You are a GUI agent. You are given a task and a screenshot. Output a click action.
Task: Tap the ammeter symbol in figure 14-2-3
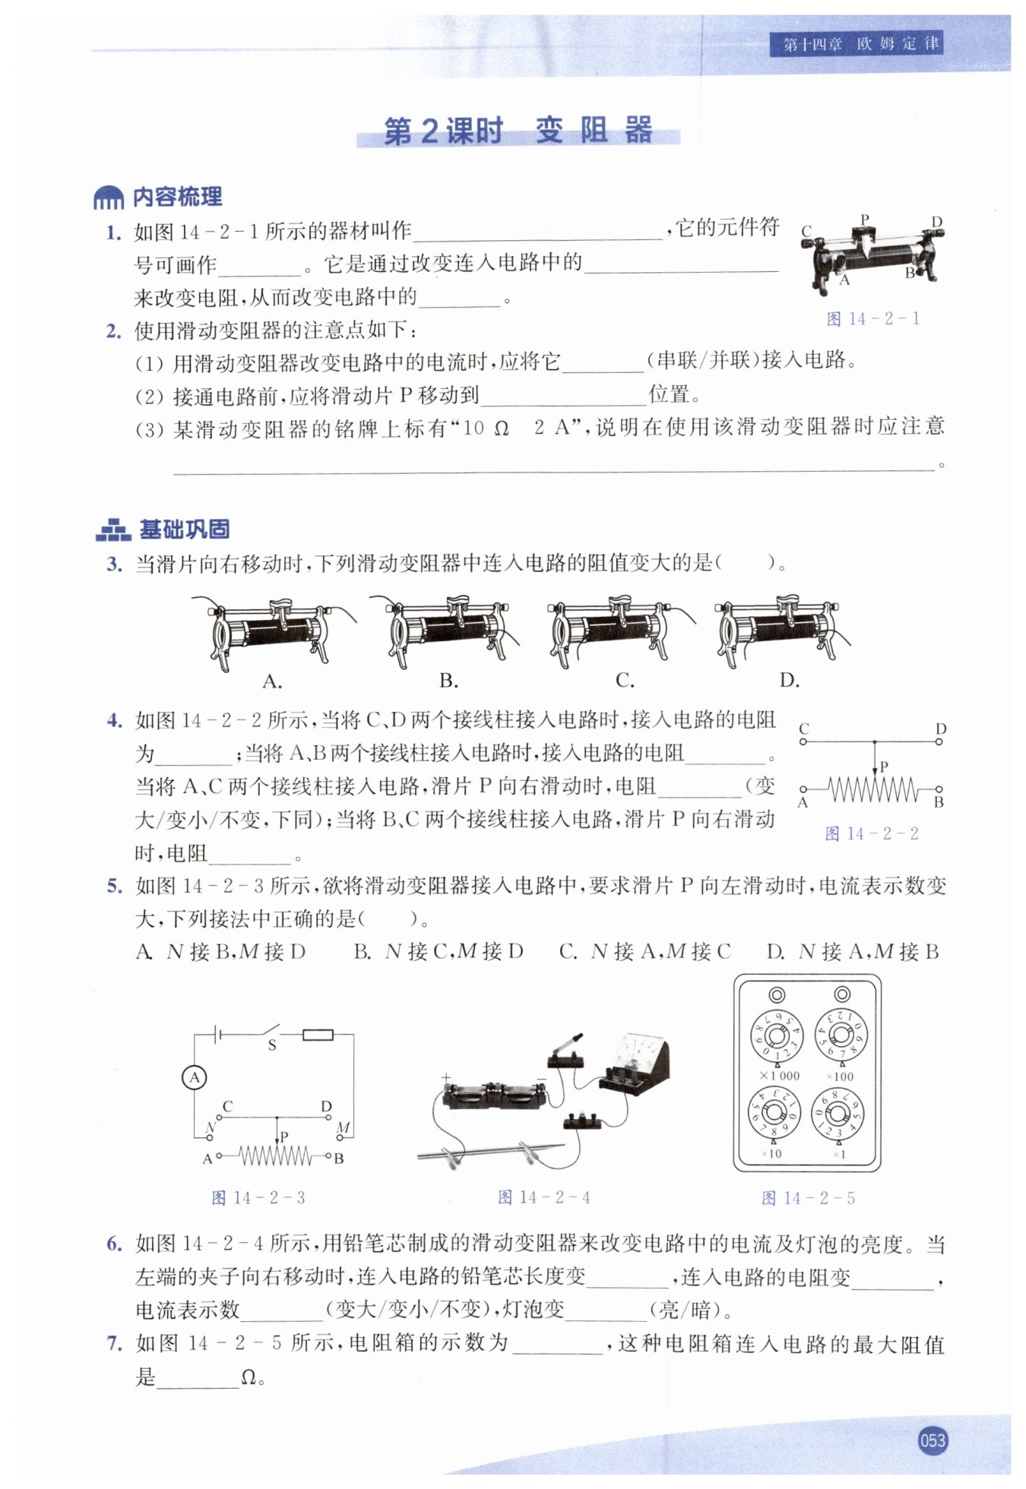point(195,1077)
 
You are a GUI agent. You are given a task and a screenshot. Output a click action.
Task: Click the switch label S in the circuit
point(271,1045)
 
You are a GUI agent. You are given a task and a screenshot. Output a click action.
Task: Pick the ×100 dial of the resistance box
point(841,1035)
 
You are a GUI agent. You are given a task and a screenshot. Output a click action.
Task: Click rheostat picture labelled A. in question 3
point(272,631)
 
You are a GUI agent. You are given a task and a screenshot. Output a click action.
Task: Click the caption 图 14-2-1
point(872,319)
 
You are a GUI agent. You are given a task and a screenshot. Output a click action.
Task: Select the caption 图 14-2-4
point(543,1197)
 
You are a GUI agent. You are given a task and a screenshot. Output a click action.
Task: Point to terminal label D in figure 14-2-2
point(941,729)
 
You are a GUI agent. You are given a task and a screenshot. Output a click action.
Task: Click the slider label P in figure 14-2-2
point(884,767)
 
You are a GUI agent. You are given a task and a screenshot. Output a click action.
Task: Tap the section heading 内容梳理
point(177,198)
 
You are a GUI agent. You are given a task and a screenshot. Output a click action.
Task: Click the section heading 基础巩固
point(184,529)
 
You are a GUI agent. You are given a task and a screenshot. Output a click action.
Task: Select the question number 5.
point(114,886)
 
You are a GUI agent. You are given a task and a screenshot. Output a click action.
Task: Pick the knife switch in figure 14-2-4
point(565,1053)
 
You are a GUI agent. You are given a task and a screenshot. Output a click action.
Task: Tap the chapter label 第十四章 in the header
point(812,44)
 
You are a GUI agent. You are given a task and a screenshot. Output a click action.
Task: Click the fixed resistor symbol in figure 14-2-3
point(317,1034)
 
